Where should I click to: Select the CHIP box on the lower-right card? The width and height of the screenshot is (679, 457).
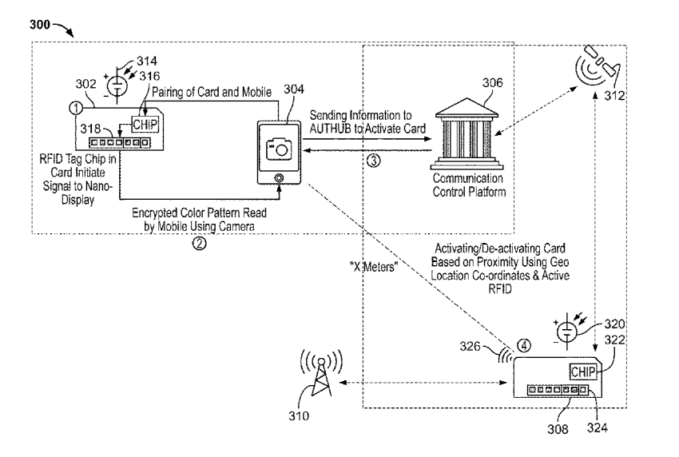tap(584, 372)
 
